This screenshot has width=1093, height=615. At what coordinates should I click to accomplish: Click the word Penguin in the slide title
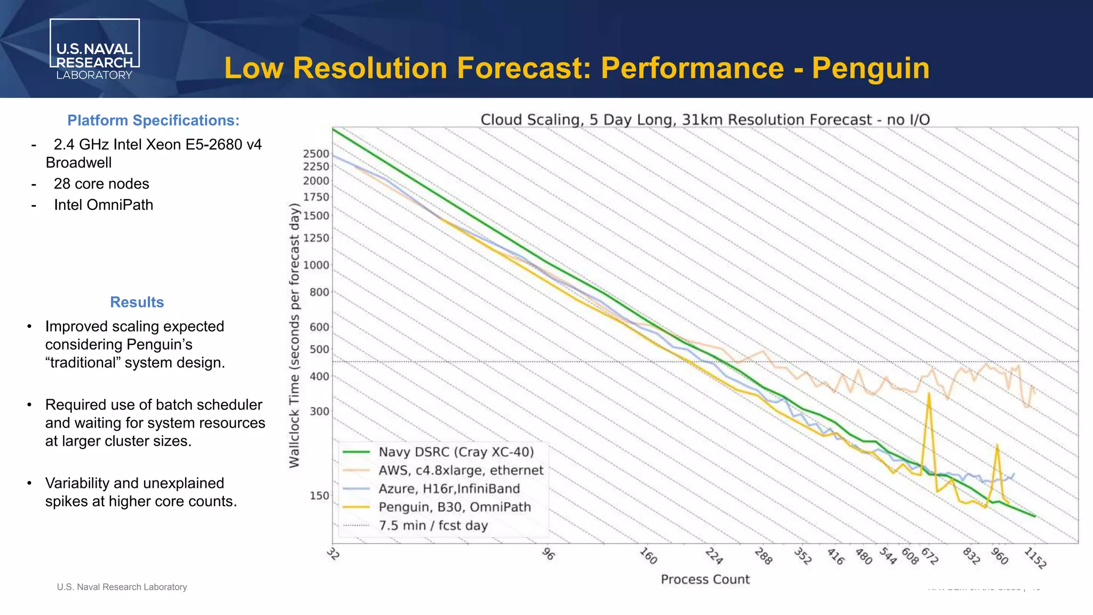[870, 68]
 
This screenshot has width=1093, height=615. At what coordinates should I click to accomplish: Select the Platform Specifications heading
[153, 121]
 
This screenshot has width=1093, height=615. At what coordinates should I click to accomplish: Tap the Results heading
[137, 302]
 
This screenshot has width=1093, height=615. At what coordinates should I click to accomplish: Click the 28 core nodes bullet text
[101, 184]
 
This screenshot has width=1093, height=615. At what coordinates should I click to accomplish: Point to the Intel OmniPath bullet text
[104, 205]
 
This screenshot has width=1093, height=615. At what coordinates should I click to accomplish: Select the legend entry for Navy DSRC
[456, 452]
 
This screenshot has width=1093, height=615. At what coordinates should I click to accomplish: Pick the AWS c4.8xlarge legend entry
[461, 470]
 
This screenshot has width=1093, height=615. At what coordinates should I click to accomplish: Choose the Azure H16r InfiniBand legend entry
[449, 489]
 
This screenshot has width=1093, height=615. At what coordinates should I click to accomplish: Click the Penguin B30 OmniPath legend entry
[455, 507]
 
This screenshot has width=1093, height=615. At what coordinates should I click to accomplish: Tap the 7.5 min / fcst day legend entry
[433, 526]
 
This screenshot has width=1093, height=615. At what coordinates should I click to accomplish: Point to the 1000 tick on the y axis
[316, 265]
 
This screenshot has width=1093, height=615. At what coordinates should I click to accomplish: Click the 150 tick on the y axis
[319, 496]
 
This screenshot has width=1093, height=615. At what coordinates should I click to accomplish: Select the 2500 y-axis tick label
[316, 154]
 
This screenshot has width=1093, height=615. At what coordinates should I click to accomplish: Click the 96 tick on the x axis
[548, 554]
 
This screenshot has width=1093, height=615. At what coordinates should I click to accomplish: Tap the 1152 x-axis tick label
[1035, 558]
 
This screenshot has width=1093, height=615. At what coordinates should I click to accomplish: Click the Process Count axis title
[705, 580]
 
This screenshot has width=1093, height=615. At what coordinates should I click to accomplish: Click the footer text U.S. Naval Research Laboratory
[122, 587]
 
